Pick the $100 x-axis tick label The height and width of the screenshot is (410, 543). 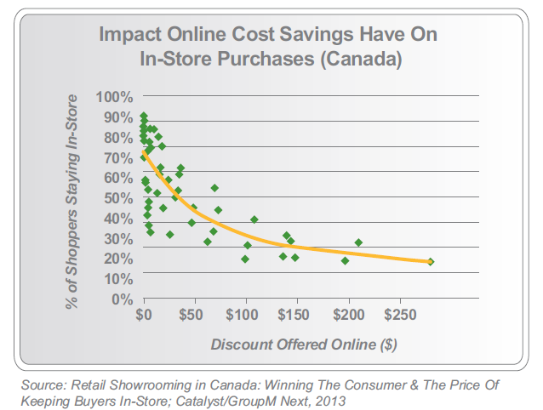coord(244,316)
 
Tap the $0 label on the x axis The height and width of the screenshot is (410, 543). coord(145,316)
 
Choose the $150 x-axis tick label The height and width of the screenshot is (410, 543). coord(295,316)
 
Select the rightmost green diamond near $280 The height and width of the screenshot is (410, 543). coord(431,262)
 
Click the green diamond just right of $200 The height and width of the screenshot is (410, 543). coord(359,242)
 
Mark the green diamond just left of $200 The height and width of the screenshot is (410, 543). coord(345,260)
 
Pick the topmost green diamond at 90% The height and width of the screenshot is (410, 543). coord(144,117)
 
